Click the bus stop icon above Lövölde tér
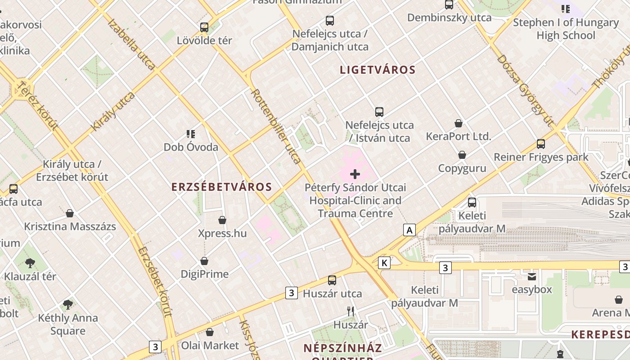point(204,27)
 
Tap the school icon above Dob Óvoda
point(191,134)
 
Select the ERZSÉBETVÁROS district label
point(221,187)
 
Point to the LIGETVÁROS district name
point(378,70)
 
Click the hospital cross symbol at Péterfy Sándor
point(355,174)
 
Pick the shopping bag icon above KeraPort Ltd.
point(459,123)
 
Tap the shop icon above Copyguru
point(462,155)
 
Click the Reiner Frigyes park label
point(541,157)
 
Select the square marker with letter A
point(409,230)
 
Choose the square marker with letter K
point(384,263)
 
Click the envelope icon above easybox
point(532,276)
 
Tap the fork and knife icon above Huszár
point(351,311)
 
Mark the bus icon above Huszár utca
point(332,280)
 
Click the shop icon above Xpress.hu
point(222,220)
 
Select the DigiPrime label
point(204,274)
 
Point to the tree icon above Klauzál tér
point(30,263)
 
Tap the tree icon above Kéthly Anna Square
point(68,305)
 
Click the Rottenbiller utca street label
point(276,126)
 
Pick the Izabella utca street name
point(131,44)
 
